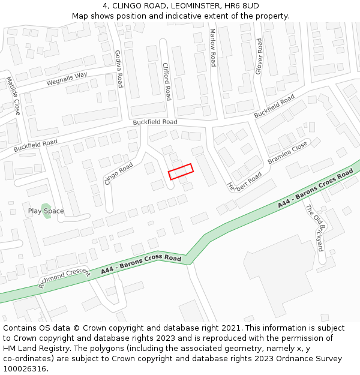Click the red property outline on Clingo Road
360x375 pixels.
(181, 172)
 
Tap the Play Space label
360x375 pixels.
(46, 211)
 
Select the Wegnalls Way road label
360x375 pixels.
(67, 79)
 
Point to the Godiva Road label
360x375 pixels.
(118, 68)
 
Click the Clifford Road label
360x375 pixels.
(167, 81)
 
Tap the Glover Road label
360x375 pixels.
(259, 56)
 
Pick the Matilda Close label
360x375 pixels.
(13, 96)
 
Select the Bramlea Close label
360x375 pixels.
(287, 152)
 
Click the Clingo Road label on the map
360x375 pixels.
(119, 173)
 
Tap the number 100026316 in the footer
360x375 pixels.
(25, 369)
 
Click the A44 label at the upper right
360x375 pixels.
(315, 188)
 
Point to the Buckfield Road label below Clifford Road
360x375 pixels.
(155, 122)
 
